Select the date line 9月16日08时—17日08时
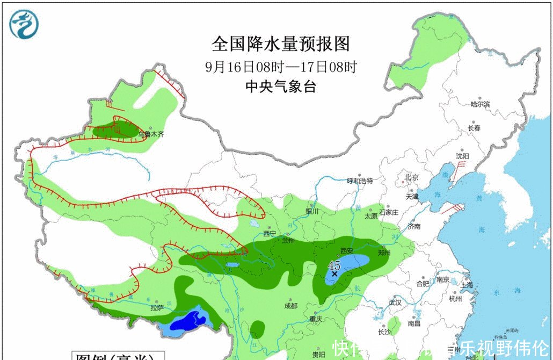tap(281, 67)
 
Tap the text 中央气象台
tap(281, 87)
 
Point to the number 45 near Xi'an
tap(334, 265)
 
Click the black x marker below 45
tap(334, 273)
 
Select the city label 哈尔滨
tap(480, 104)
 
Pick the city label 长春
tap(474, 128)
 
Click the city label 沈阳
tap(462, 156)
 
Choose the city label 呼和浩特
tap(360, 181)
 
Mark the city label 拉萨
tap(157, 308)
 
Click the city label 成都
tap(290, 306)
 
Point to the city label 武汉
tap(396, 303)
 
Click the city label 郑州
tap(383, 251)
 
